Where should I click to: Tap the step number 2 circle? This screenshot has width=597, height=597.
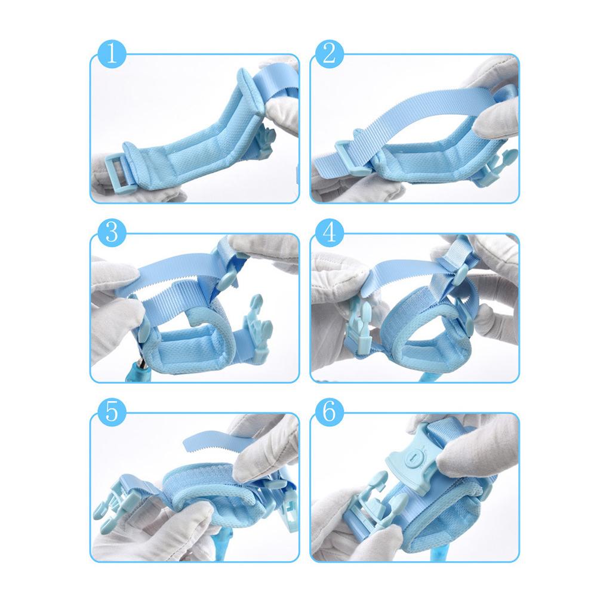pos(330,54)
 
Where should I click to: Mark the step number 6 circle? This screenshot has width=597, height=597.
pos(330,411)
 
